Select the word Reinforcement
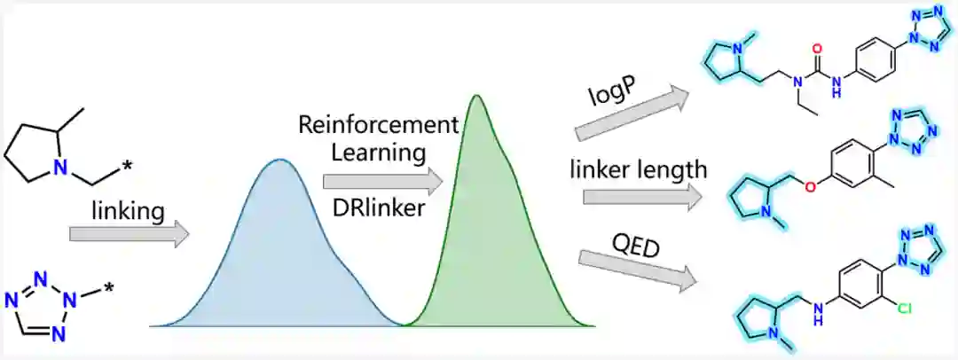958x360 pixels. point(392,123)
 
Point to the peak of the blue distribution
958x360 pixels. point(280,160)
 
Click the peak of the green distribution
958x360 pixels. point(477,95)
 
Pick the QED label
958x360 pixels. point(634,243)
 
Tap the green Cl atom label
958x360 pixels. point(904,309)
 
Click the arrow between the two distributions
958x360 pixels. point(381,181)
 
